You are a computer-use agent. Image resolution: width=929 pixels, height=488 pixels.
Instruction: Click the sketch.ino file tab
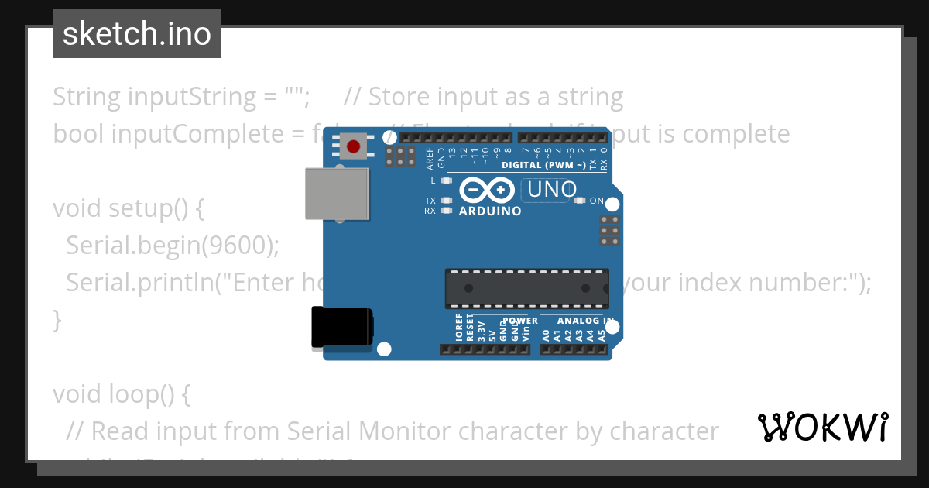pyautogui.click(x=137, y=34)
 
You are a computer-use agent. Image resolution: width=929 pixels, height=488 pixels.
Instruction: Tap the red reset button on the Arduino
pyautogui.click(x=354, y=146)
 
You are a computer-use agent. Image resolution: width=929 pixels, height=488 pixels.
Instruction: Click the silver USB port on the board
pyautogui.click(x=337, y=193)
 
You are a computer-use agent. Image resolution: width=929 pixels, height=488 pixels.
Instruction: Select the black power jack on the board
pyautogui.click(x=341, y=327)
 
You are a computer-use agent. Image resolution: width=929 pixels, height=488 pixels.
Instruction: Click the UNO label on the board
pyautogui.click(x=552, y=189)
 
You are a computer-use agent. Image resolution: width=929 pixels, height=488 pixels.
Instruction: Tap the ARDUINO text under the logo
pyautogui.click(x=490, y=211)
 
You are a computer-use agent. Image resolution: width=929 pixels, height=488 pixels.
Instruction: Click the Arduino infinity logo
pyautogui.click(x=486, y=190)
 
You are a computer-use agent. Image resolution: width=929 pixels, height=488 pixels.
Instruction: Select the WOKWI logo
pyautogui.click(x=822, y=427)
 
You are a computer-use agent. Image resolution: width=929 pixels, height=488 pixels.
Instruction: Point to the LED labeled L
pyautogui.click(x=445, y=180)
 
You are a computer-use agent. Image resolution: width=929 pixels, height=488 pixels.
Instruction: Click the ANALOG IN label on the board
pyautogui.click(x=586, y=321)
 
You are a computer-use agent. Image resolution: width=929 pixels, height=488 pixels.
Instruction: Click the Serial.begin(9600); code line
pyautogui.click(x=173, y=245)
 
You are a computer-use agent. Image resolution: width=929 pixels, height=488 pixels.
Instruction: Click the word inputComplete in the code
pyautogui.click(x=197, y=134)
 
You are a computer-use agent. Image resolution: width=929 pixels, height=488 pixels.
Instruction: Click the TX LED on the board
pyautogui.click(x=445, y=201)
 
